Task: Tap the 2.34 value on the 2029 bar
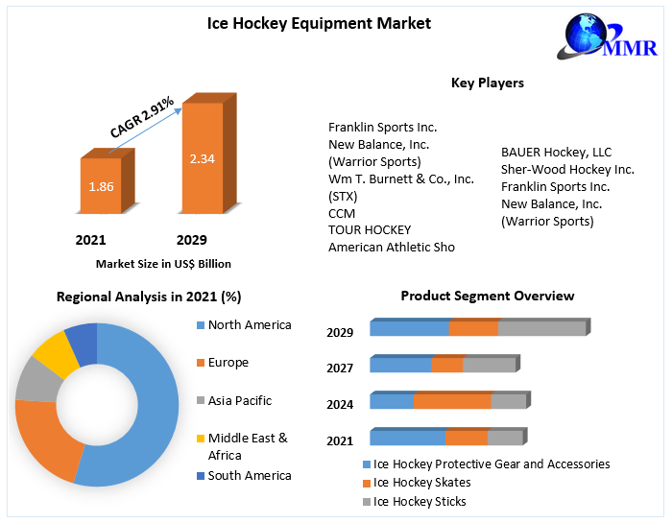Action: click(x=202, y=158)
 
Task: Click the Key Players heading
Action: click(x=488, y=83)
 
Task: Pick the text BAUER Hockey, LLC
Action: click(x=556, y=152)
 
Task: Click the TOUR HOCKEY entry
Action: click(x=370, y=229)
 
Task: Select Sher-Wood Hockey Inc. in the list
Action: click(x=567, y=169)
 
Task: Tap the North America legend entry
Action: click(x=249, y=324)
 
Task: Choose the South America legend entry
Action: click(x=249, y=475)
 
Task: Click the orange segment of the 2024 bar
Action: click(x=452, y=401)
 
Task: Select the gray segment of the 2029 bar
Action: click(x=541, y=328)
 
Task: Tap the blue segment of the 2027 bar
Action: click(x=400, y=365)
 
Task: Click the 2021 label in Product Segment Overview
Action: click(x=340, y=440)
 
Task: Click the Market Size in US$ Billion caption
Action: click(x=163, y=263)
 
